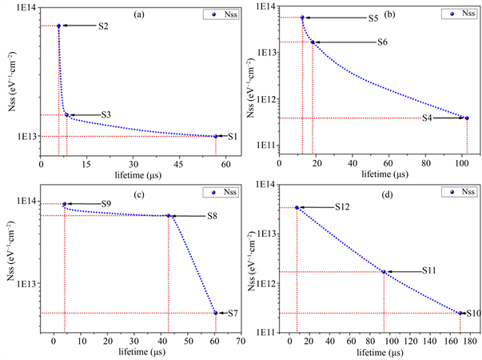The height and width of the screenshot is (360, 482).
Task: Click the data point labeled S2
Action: point(58,26)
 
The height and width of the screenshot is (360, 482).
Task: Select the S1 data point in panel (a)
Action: point(216,136)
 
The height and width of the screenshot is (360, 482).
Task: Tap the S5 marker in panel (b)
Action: point(302,18)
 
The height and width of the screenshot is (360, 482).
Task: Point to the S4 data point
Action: point(467,118)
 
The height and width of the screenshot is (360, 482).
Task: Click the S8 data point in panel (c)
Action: point(169,215)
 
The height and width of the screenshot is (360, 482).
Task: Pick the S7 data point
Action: point(216,313)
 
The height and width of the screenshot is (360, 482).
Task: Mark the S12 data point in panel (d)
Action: point(297,208)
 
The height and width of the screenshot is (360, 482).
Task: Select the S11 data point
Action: point(384,272)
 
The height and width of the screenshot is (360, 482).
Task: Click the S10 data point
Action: point(460,314)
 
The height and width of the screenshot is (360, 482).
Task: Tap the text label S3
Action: point(106,115)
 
